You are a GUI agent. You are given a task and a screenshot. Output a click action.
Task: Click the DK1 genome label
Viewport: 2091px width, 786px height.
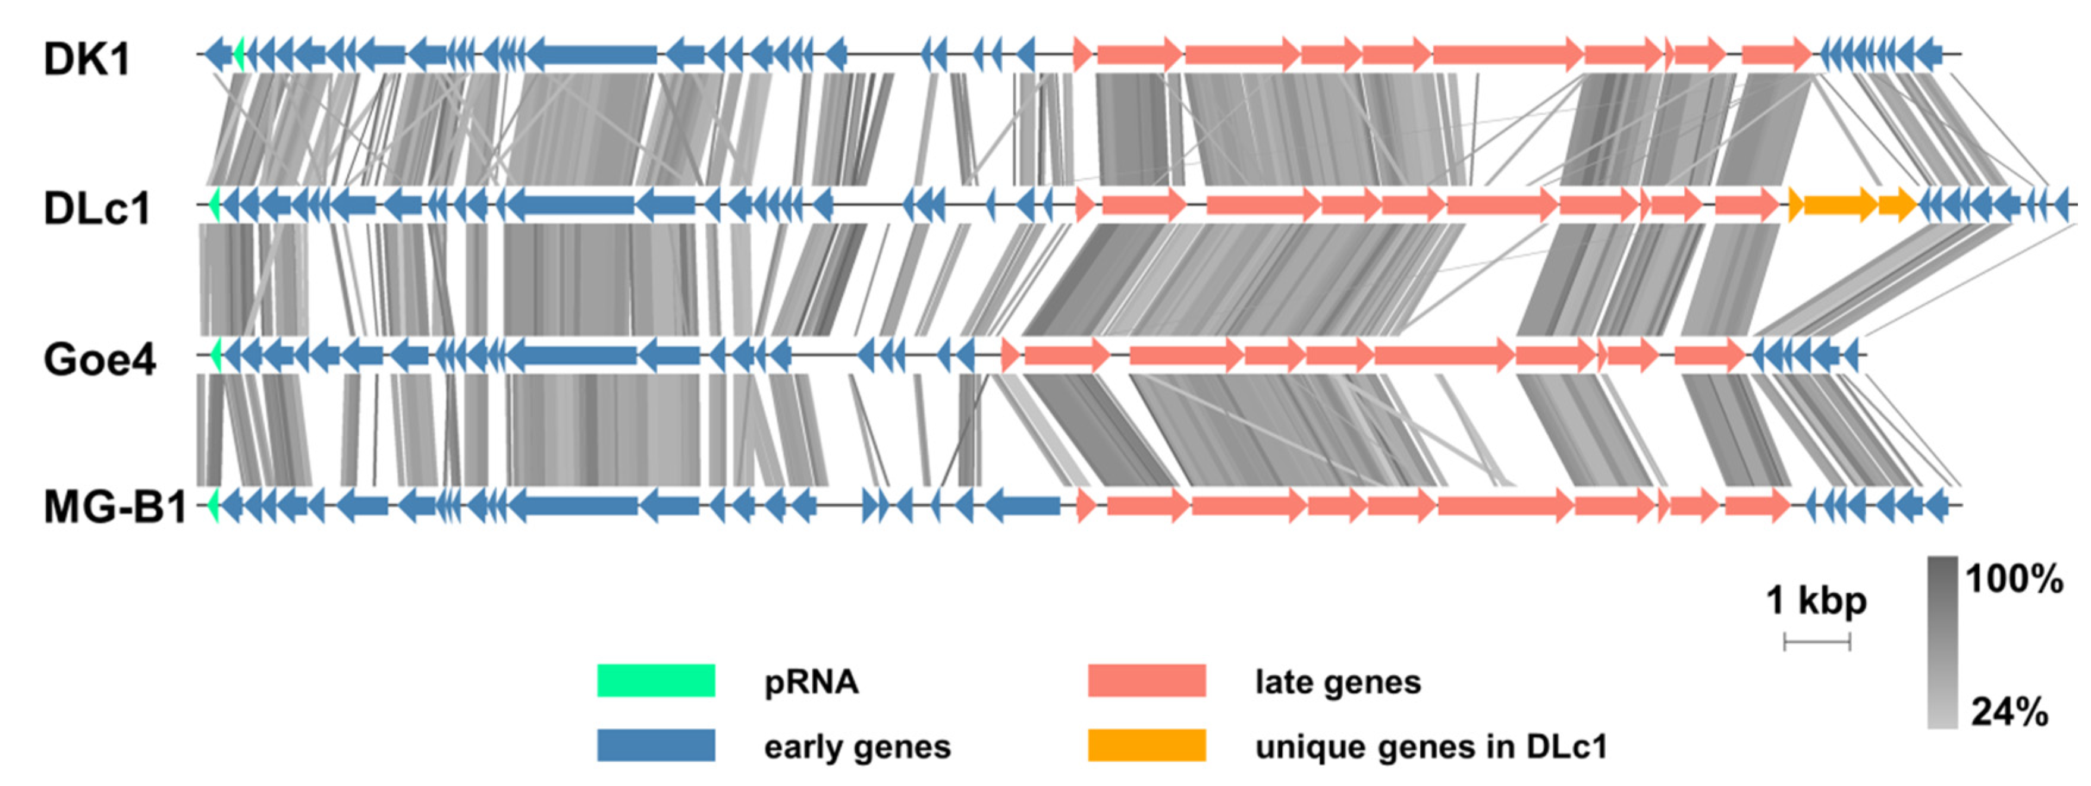[87, 60]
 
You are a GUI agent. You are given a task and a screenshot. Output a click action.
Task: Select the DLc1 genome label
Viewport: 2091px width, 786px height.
[98, 209]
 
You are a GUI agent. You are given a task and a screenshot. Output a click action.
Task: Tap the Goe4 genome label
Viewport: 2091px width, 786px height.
[99, 359]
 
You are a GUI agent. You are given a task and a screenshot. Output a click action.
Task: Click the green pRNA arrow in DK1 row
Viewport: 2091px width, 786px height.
[238, 54]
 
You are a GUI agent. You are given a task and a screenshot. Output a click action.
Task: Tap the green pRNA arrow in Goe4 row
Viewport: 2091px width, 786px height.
[216, 354]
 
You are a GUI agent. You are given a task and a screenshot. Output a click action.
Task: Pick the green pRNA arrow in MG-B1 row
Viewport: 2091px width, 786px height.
[214, 505]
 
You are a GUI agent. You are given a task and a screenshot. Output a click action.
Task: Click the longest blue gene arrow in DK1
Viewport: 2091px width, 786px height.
[592, 54]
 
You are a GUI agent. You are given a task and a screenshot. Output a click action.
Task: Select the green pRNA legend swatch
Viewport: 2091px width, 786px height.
[656, 681]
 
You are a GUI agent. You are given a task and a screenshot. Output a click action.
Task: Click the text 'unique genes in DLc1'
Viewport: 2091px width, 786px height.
[1431, 746]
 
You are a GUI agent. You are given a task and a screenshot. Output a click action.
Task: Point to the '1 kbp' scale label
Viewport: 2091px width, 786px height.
[1816, 601]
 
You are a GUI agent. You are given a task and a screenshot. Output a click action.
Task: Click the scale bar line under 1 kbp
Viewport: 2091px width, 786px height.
[1817, 643]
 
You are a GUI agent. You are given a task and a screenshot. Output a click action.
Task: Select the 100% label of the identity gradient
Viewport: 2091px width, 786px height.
[2014, 579]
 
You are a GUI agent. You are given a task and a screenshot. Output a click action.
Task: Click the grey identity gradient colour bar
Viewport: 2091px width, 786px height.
[1942, 642]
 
